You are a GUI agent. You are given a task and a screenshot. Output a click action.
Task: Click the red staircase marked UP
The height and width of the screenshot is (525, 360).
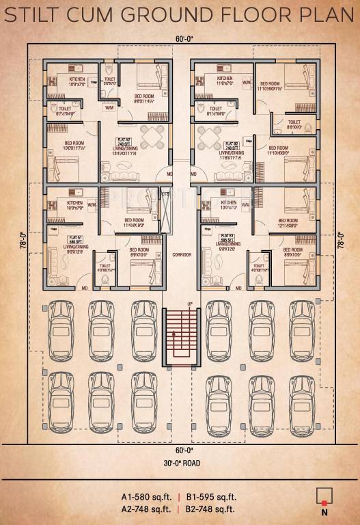[x=180, y=334]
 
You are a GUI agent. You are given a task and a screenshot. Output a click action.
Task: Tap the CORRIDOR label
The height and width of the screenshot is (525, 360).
[x=181, y=254]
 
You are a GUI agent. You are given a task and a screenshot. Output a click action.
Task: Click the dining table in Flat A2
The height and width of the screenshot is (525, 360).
[x=150, y=136]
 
